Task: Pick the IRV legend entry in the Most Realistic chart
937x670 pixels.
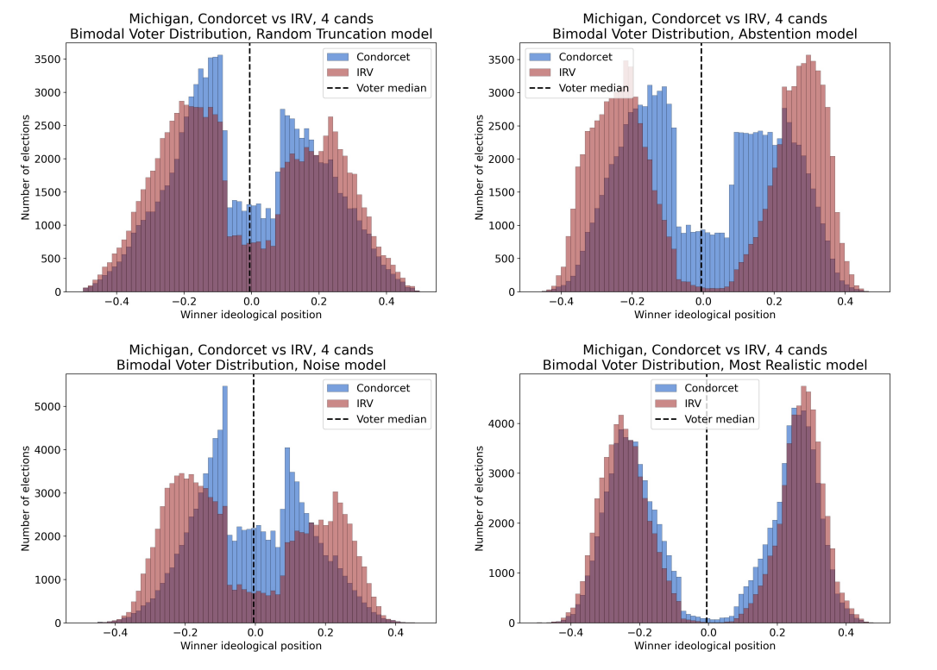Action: pos(693,404)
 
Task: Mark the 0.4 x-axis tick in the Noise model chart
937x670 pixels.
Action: pos(395,634)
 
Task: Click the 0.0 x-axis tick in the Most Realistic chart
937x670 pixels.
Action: pos(707,634)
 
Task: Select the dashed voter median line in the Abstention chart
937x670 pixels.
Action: pos(701,172)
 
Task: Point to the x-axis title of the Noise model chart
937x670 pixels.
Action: pos(251,646)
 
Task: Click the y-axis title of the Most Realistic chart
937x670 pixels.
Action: pos(481,501)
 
